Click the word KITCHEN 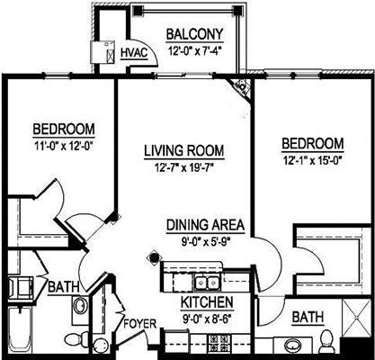208,301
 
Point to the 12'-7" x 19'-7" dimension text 184,166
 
